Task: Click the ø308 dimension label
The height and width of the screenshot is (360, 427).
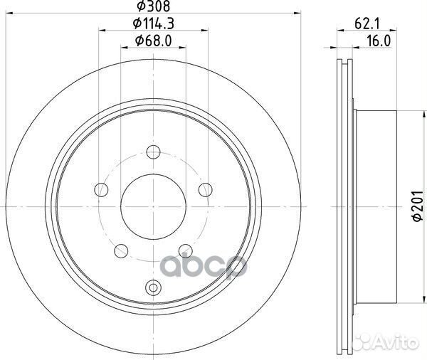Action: [x=154, y=6]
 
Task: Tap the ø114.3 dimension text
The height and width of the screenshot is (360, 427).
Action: [x=154, y=23]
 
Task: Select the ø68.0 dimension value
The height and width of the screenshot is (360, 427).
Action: [x=154, y=41]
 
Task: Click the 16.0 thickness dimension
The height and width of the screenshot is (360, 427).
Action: [x=379, y=41]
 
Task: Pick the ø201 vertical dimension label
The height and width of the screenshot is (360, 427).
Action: [x=418, y=206]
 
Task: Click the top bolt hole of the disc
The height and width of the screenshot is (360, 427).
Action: [x=153, y=152]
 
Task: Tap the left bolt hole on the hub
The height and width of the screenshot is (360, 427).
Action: [x=101, y=189]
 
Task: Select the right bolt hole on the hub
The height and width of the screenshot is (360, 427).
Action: [x=206, y=189]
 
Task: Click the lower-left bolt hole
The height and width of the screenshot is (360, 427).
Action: [x=121, y=251]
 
